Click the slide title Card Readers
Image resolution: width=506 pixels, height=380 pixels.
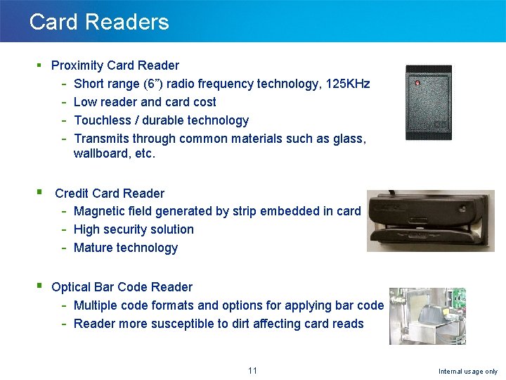pos(99,22)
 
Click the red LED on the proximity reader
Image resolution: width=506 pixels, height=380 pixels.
pos(417,84)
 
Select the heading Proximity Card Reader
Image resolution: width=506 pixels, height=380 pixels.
pos(115,65)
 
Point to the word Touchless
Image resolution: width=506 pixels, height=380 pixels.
pos(103,120)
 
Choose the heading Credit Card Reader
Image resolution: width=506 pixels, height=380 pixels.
pos(110,194)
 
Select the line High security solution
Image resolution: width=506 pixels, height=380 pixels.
pos(134,229)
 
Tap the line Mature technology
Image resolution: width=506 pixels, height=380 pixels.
pos(126,248)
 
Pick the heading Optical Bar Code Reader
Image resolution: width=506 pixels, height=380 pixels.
pos(122,287)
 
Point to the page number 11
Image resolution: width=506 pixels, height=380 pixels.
pos(253,371)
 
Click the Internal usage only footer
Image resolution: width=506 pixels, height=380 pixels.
pos(467,372)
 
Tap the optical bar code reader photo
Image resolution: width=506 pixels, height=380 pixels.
pos(427,316)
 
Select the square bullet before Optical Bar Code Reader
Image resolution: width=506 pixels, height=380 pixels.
pos(39,286)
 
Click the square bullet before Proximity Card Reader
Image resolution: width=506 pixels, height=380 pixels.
pos(39,65)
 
